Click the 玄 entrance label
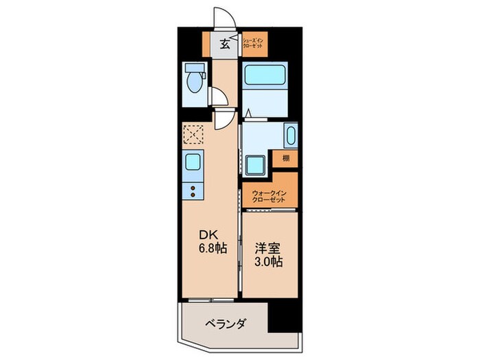pos(224,46)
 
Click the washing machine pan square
pos(257,165)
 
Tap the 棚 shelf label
pos(286,158)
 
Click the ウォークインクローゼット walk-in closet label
pos(269,195)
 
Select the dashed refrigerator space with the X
pos(193,134)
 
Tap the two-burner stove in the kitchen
pos(193,191)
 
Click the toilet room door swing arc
pos(218,97)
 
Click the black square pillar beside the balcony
pos(284,315)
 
